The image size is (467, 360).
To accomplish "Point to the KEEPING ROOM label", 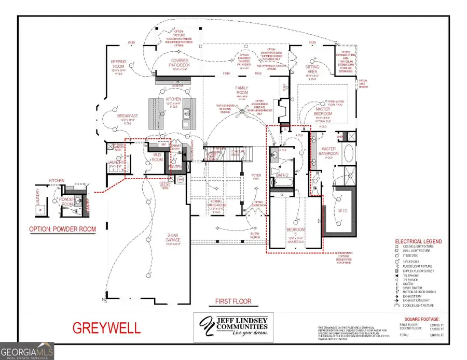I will pyautogui.click(x=118, y=64).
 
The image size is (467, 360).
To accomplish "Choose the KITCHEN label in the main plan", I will pyautogui.click(x=172, y=98).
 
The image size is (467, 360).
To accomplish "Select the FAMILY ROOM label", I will pyautogui.click(x=242, y=91).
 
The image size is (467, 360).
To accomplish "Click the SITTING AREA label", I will pyautogui.click(x=312, y=69).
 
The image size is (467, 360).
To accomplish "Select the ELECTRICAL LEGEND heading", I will pyautogui.click(x=418, y=241).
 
